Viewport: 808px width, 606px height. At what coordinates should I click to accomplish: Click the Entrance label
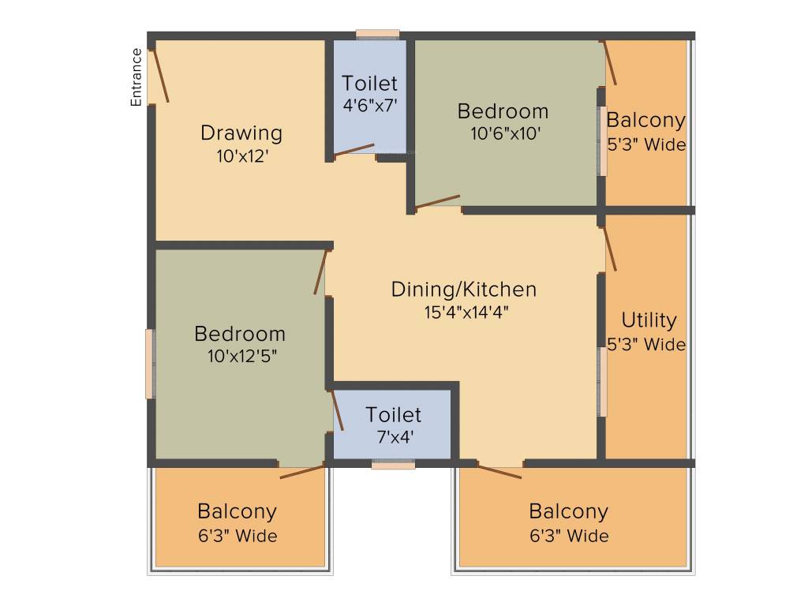(x=136, y=77)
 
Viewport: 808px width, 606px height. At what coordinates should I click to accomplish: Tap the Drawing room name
(x=241, y=133)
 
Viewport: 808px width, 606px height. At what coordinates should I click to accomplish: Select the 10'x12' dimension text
(x=242, y=155)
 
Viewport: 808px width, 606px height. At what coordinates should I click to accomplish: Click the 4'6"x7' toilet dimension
(x=370, y=105)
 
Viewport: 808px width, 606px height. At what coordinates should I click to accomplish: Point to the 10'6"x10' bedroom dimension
(x=505, y=133)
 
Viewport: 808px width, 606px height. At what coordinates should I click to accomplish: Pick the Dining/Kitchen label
(x=464, y=290)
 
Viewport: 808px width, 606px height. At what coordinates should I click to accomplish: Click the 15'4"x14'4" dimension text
(x=466, y=312)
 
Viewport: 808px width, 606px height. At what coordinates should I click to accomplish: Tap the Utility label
(x=649, y=320)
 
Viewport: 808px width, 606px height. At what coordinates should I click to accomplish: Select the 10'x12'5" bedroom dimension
(x=242, y=356)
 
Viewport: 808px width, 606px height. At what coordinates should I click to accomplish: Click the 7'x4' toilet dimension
(x=395, y=437)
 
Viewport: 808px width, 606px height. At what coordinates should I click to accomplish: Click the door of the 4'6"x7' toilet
(x=354, y=149)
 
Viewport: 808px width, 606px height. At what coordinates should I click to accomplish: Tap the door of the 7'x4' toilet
(x=338, y=410)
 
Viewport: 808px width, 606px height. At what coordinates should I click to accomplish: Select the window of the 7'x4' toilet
(x=393, y=465)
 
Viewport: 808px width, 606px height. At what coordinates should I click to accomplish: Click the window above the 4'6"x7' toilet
(x=378, y=35)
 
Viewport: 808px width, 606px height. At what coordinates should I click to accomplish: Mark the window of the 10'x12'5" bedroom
(x=151, y=364)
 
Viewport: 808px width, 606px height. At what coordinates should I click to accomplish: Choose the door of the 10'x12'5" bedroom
(x=320, y=271)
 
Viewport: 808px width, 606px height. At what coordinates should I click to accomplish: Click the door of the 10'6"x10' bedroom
(x=437, y=202)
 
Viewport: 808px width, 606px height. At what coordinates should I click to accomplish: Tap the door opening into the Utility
(x=610, y=249)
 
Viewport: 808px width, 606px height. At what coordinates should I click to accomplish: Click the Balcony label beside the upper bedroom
(x=645, y=121)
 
